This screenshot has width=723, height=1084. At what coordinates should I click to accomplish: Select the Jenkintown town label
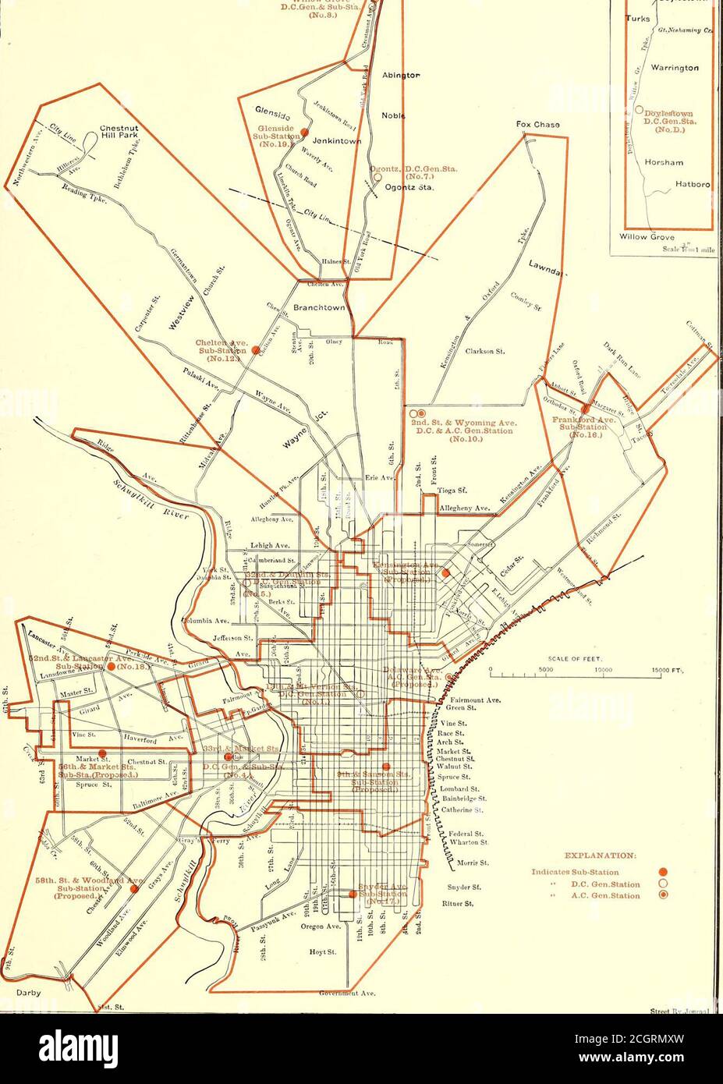coord(334,141)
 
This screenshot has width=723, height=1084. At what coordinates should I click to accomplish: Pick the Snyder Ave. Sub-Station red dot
coord(353,894)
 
